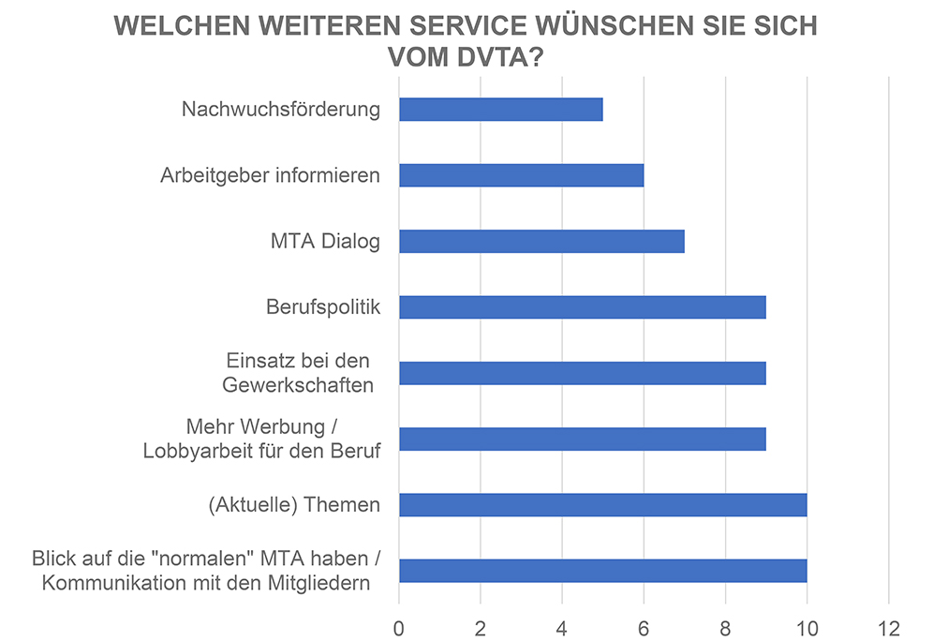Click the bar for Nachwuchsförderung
click(x=500, y=110)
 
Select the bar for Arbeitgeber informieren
click(x=521, y=175)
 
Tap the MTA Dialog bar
click(x=541, y=241)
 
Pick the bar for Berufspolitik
click(x=582, y=307)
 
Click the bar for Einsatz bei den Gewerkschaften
click(x=582, y=373)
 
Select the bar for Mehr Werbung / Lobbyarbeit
click(x=582, y=439)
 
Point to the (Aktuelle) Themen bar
click(x=602, y=505)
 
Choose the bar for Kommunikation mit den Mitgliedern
click(x=602, y=571)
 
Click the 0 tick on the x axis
click(x=399, y=626)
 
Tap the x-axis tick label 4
click(x=562, y=626)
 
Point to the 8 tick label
click(x=725, y=626)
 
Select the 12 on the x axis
click(x=887, y=626)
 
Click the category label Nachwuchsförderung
click(x=281, y=110)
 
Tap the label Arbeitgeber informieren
click(x=270, y=175)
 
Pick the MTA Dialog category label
click(x=324, y=242)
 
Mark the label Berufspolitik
click(x=322, y=307)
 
